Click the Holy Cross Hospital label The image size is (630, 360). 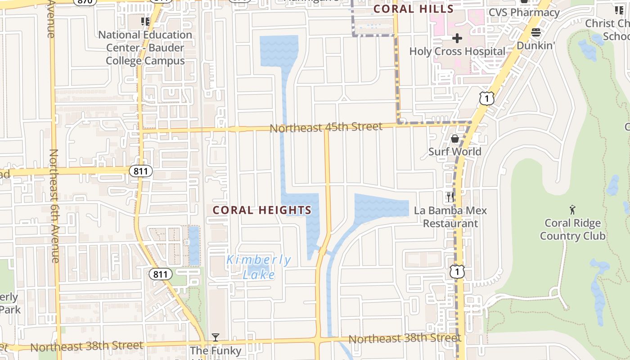457,51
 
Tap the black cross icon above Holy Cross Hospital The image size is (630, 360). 457,38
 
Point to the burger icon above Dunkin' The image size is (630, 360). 535,32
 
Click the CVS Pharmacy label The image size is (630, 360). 524,13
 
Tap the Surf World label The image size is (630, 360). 454,152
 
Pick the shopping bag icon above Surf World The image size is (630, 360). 454,139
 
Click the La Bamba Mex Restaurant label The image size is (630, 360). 450,217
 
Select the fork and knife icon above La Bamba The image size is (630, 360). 450,197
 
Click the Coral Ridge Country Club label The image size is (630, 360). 572,229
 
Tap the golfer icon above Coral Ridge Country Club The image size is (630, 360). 572,210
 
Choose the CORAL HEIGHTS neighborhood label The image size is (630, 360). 262,210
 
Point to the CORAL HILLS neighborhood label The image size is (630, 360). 414,9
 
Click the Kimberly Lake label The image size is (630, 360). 259,267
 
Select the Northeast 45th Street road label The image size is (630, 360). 326,127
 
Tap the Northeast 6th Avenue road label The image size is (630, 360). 54,205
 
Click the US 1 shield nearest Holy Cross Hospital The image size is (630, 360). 486,98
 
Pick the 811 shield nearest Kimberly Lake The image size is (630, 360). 161,274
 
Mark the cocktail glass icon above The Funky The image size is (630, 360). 216,337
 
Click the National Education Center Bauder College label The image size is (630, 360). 145,48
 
